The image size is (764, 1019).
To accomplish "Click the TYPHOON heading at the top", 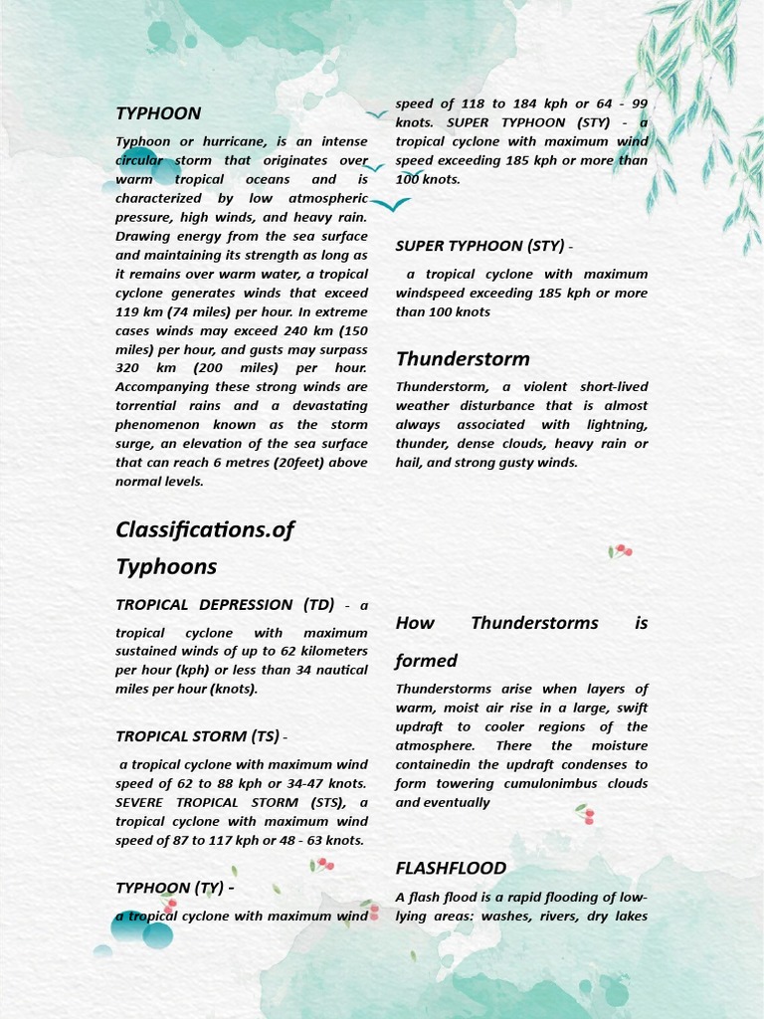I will (x=158, y=113).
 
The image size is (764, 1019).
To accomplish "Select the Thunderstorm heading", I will (x=463, y=359).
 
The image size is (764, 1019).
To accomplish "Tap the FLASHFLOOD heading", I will (x=451, y=868).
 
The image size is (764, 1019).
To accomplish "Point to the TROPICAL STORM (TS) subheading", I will (x=197, y=736).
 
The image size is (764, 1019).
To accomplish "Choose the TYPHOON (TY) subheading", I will (x=169, y=888).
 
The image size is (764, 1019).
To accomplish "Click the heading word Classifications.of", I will (x=205, y=529).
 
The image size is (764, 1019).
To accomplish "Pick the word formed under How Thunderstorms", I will (x=426, y=661).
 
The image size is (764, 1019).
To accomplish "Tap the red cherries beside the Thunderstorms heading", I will (x=621, y=550).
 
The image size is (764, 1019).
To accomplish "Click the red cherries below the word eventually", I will (x=586, y=815).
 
